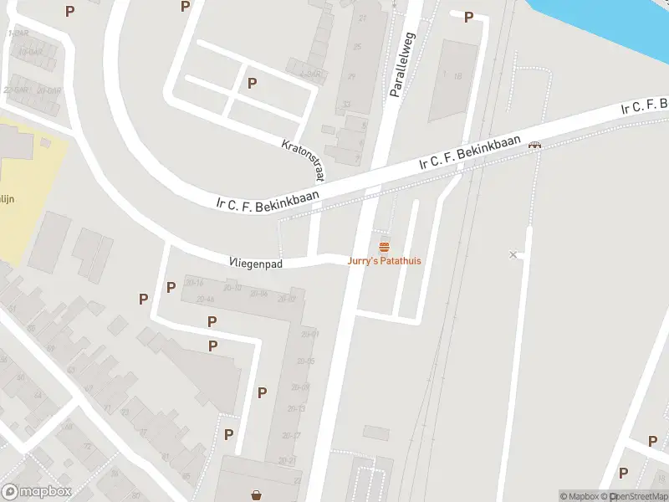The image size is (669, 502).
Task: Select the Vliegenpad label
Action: tap(256, 263)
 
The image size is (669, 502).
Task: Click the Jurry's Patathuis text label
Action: tap(385, 261)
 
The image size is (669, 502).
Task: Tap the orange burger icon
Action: tap(385, 247)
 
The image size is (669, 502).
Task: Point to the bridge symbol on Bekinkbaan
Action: tap(534, 146)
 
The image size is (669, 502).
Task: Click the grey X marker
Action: tap(513, 254)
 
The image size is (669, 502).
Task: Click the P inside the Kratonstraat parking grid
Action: tap(252, 83)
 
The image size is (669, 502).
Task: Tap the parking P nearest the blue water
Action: tap(469, 17)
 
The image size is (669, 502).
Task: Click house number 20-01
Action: tap(311, 334)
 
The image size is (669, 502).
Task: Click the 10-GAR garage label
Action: tap(30, 51)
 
